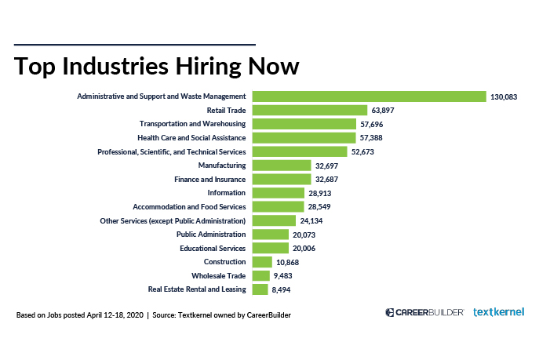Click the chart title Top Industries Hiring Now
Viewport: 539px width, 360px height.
156,66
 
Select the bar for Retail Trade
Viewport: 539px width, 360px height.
310,111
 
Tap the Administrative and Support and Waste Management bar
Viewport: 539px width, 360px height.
370,96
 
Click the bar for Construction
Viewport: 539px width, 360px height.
262,262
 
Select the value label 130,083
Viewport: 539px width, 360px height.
505,97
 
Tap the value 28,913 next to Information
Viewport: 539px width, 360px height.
322,193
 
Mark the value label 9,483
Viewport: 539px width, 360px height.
288,276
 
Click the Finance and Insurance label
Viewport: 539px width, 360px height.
209,179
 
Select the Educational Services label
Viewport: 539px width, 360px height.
213,248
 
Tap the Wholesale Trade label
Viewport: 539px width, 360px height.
219,275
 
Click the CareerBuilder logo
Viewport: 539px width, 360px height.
424,312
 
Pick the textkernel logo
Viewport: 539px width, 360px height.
498,312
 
